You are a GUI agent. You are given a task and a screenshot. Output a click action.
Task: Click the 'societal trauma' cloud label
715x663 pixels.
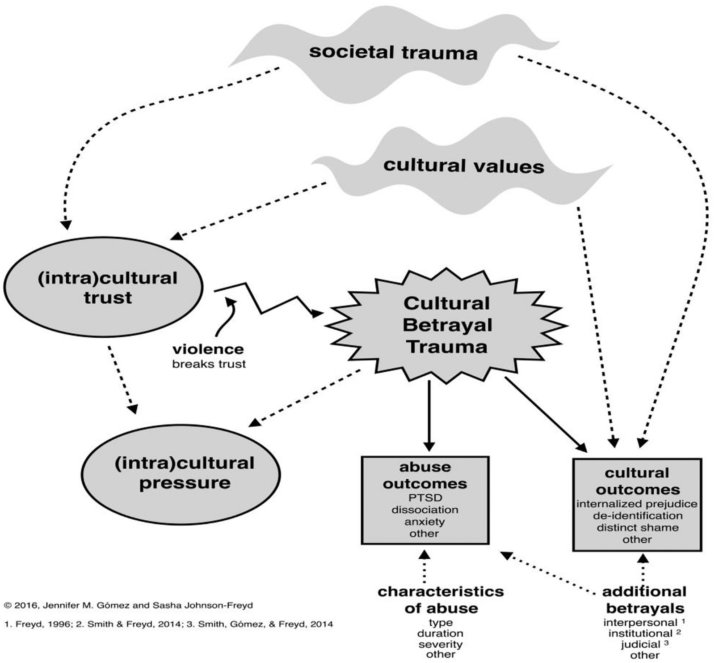(393, 52)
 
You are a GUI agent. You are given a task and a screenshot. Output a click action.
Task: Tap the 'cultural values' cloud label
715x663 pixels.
(464, 166)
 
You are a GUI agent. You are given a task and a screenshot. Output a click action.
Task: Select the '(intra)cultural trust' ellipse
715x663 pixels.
(103, 287)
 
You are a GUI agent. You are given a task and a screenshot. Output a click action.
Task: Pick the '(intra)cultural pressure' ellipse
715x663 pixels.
(181, 474)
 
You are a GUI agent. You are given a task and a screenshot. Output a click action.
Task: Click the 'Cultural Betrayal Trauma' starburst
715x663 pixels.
(447, 325)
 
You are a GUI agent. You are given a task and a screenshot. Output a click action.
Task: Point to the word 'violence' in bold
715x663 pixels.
(208, 349)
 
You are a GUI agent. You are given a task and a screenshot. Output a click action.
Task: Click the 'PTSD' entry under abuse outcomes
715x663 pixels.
(425, 497)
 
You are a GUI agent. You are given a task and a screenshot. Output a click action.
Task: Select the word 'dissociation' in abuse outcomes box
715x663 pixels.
(425, 510)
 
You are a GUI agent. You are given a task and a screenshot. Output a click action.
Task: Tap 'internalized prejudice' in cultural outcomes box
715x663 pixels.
(637, 504)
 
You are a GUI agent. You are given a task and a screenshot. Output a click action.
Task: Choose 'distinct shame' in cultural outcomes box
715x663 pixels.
(638, 527)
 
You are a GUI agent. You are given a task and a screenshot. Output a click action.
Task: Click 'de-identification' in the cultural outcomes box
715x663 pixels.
(638, 515)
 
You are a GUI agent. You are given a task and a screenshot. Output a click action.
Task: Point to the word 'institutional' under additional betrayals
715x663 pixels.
(640, 633)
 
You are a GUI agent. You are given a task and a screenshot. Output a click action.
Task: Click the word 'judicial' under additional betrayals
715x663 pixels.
(640, 645)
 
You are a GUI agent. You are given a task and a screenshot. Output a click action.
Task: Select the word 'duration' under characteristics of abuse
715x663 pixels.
(441, 633)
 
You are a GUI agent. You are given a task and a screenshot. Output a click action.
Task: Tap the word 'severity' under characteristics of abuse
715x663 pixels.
(441, 645)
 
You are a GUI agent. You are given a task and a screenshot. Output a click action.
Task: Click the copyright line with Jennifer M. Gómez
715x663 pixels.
(128, 605)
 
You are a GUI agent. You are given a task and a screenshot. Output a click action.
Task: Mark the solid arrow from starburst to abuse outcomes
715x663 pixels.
(429, 416)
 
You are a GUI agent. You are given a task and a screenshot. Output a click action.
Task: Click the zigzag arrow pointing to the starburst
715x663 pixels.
(268, 300)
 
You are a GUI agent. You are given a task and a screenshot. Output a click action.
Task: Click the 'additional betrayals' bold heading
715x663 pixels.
(644, 600)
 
